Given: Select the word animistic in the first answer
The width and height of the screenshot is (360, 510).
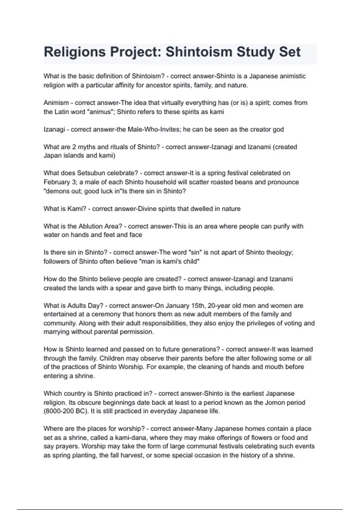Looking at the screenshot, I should tap(292, 76).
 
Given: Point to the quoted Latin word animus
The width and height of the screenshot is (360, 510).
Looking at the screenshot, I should tap(97, 112).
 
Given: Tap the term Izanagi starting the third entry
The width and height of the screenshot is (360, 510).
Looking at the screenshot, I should tap(54, 130).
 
